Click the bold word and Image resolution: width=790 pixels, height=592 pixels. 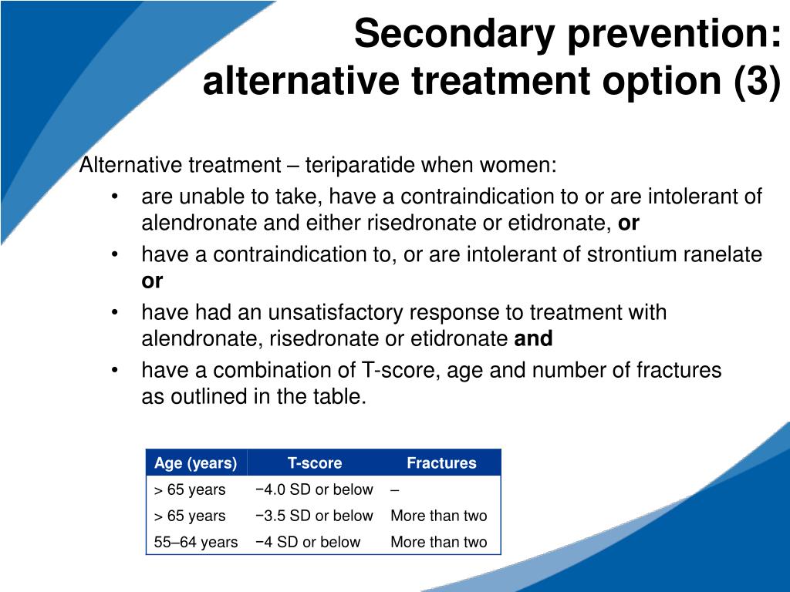[x=533, y=338]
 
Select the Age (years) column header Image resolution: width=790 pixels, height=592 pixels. [x=195, y=463]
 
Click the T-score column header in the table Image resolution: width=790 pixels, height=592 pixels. [x=315, y=463]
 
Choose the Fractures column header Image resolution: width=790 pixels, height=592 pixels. [x=441, y=463]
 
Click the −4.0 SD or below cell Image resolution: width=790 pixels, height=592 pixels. [x=313, y=489]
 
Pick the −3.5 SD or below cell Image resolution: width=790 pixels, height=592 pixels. [x=313, y=516]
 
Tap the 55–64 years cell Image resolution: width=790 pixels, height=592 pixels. [x=196, y=542]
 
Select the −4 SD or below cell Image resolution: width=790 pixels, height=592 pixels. [x=307, y=542]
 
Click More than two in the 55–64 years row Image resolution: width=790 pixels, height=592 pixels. [x=438, y=542]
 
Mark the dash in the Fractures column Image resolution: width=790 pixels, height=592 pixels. [x=395, y=489]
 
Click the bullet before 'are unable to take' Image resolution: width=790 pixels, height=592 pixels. [x=114, y=197]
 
